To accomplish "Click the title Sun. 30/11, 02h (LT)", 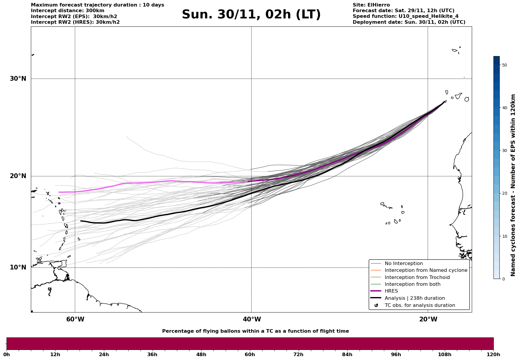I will pos(251,15).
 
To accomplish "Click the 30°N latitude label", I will pos(18,79).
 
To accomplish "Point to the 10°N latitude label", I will pos(18,267).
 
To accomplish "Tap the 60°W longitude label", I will pos(75,319).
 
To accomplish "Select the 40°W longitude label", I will pos(252,319).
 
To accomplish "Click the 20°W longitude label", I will pos(428,319).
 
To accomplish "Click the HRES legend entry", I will pos(391,291).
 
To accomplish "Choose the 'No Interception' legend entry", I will pos(404,264).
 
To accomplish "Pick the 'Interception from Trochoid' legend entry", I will pos(417,277).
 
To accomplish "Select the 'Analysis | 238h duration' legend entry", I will pos(414,298).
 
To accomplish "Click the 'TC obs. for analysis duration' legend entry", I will pos(420,305).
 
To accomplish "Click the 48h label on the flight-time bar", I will pos(201,354).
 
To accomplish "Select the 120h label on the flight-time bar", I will pos(493,354).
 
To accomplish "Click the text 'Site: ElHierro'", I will pos(371,5).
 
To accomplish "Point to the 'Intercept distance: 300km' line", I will pos(67,11).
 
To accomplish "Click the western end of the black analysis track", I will pos(81,221).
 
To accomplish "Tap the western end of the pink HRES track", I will pos(59,192).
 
